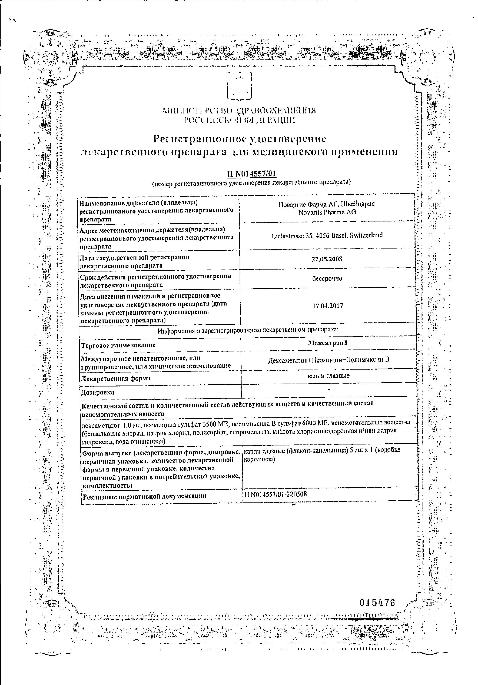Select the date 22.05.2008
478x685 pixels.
[327, 259]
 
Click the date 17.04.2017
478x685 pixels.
[328, 306]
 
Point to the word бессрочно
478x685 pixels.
[327, 278]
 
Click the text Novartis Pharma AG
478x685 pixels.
[327, 212]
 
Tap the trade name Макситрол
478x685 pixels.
[328, 343]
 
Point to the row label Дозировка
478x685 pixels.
[98, 392]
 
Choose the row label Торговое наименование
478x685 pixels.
[118, 345]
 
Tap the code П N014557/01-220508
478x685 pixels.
[275, 494]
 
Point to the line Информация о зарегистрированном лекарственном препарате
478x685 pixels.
[248, 330]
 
